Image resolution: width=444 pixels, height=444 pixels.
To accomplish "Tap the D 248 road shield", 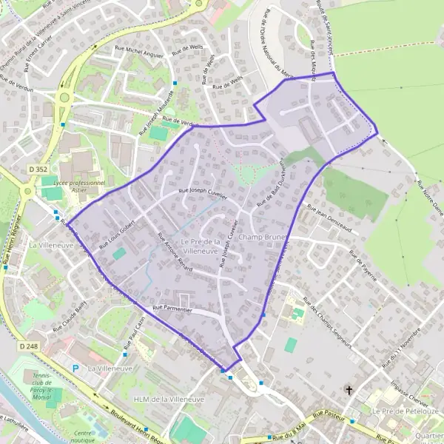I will [28, 346].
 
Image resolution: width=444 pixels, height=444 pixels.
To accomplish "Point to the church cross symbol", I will [349, 389].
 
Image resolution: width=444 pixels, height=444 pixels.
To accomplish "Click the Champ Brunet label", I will [263, 238].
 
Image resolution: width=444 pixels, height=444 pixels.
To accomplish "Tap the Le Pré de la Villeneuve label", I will [202, 246].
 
